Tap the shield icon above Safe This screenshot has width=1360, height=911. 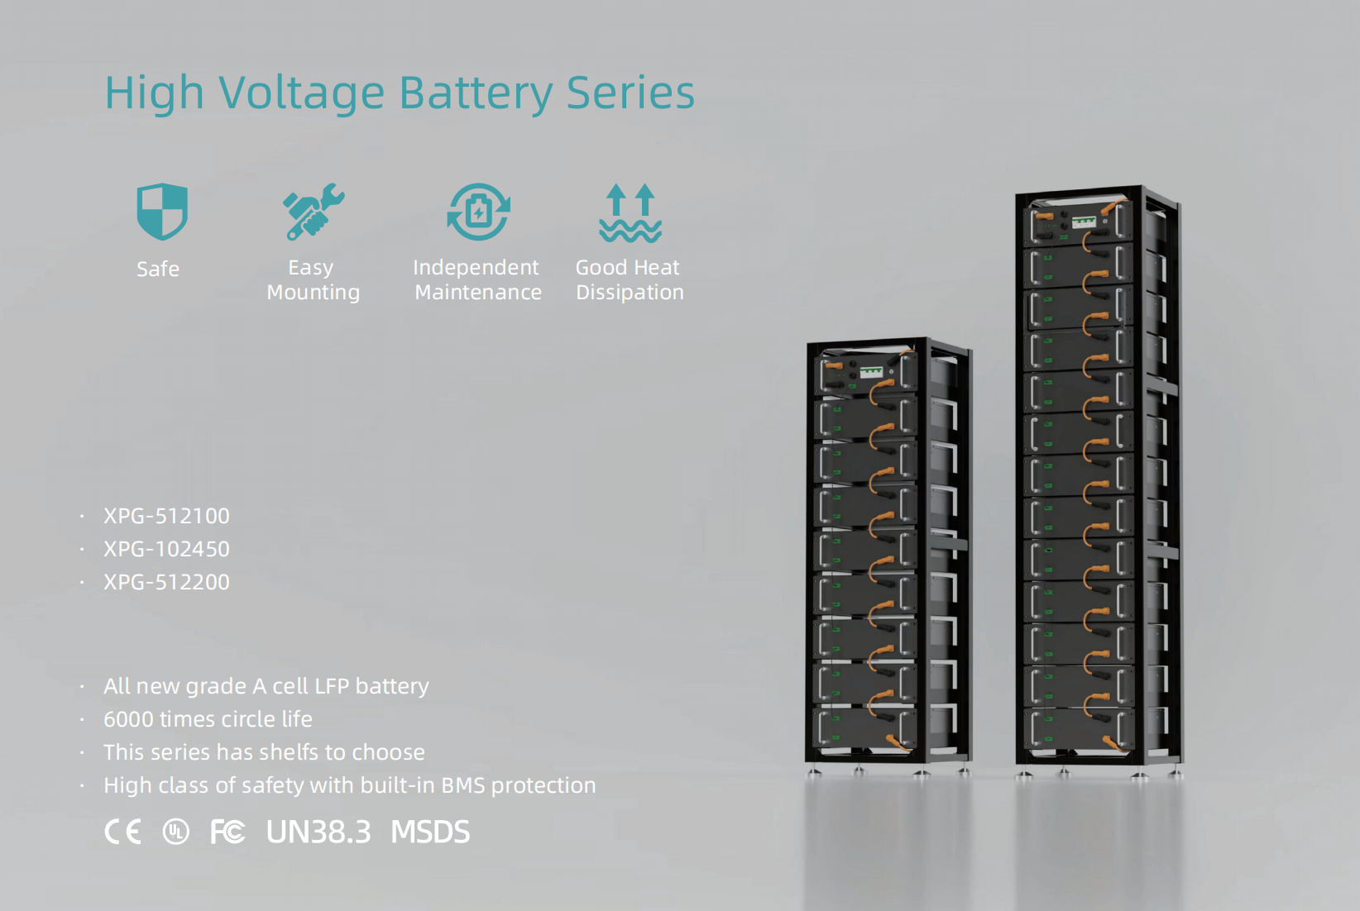click(162, 211)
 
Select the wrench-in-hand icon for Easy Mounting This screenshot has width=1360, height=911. click(314, 212)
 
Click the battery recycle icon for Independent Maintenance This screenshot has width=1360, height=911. click(478, 212)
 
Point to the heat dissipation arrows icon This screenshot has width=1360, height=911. click(630, 212)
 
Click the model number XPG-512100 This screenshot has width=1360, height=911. click(166, 516)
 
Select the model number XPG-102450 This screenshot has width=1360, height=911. click(166, 550)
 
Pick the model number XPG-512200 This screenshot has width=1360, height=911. click(166, 582)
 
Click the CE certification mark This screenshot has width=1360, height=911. click(122, 832)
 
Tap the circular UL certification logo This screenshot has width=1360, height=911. click(176, 832)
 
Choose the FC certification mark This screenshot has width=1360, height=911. click(227, 832)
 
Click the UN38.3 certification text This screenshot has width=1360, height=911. click(318, 832)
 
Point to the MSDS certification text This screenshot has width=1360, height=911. click(430, 832)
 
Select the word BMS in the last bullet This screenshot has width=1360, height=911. click(463, 785)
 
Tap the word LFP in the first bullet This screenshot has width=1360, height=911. click(332, 687)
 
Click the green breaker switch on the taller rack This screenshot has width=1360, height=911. click(1084, 222)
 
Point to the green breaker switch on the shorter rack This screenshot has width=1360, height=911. click(872, 372)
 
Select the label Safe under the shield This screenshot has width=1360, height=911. click(158, 269)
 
